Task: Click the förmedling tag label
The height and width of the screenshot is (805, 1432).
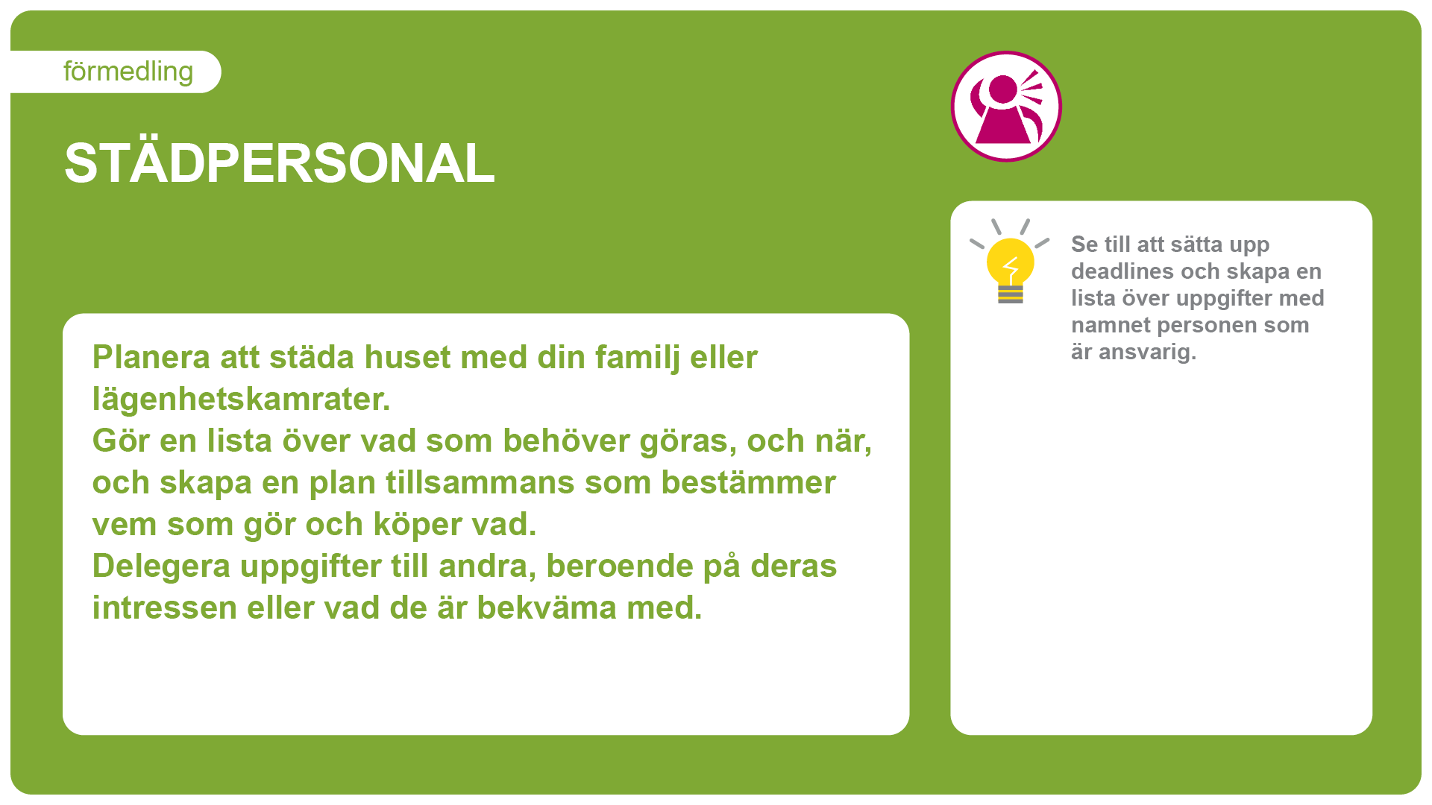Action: (128, 72)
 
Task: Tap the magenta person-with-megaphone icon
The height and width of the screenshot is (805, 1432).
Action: (1006, 106)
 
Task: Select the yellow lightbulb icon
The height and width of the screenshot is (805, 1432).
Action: (1010, 262)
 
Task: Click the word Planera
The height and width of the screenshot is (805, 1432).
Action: (151, 357)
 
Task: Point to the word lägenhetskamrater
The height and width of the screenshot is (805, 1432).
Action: (241, 400)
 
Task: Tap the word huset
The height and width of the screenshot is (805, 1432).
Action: (407, 357)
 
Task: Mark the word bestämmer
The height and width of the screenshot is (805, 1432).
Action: (748, 482)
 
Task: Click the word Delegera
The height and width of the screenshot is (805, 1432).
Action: (161, 566)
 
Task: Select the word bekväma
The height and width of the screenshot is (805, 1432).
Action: (547, 607)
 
